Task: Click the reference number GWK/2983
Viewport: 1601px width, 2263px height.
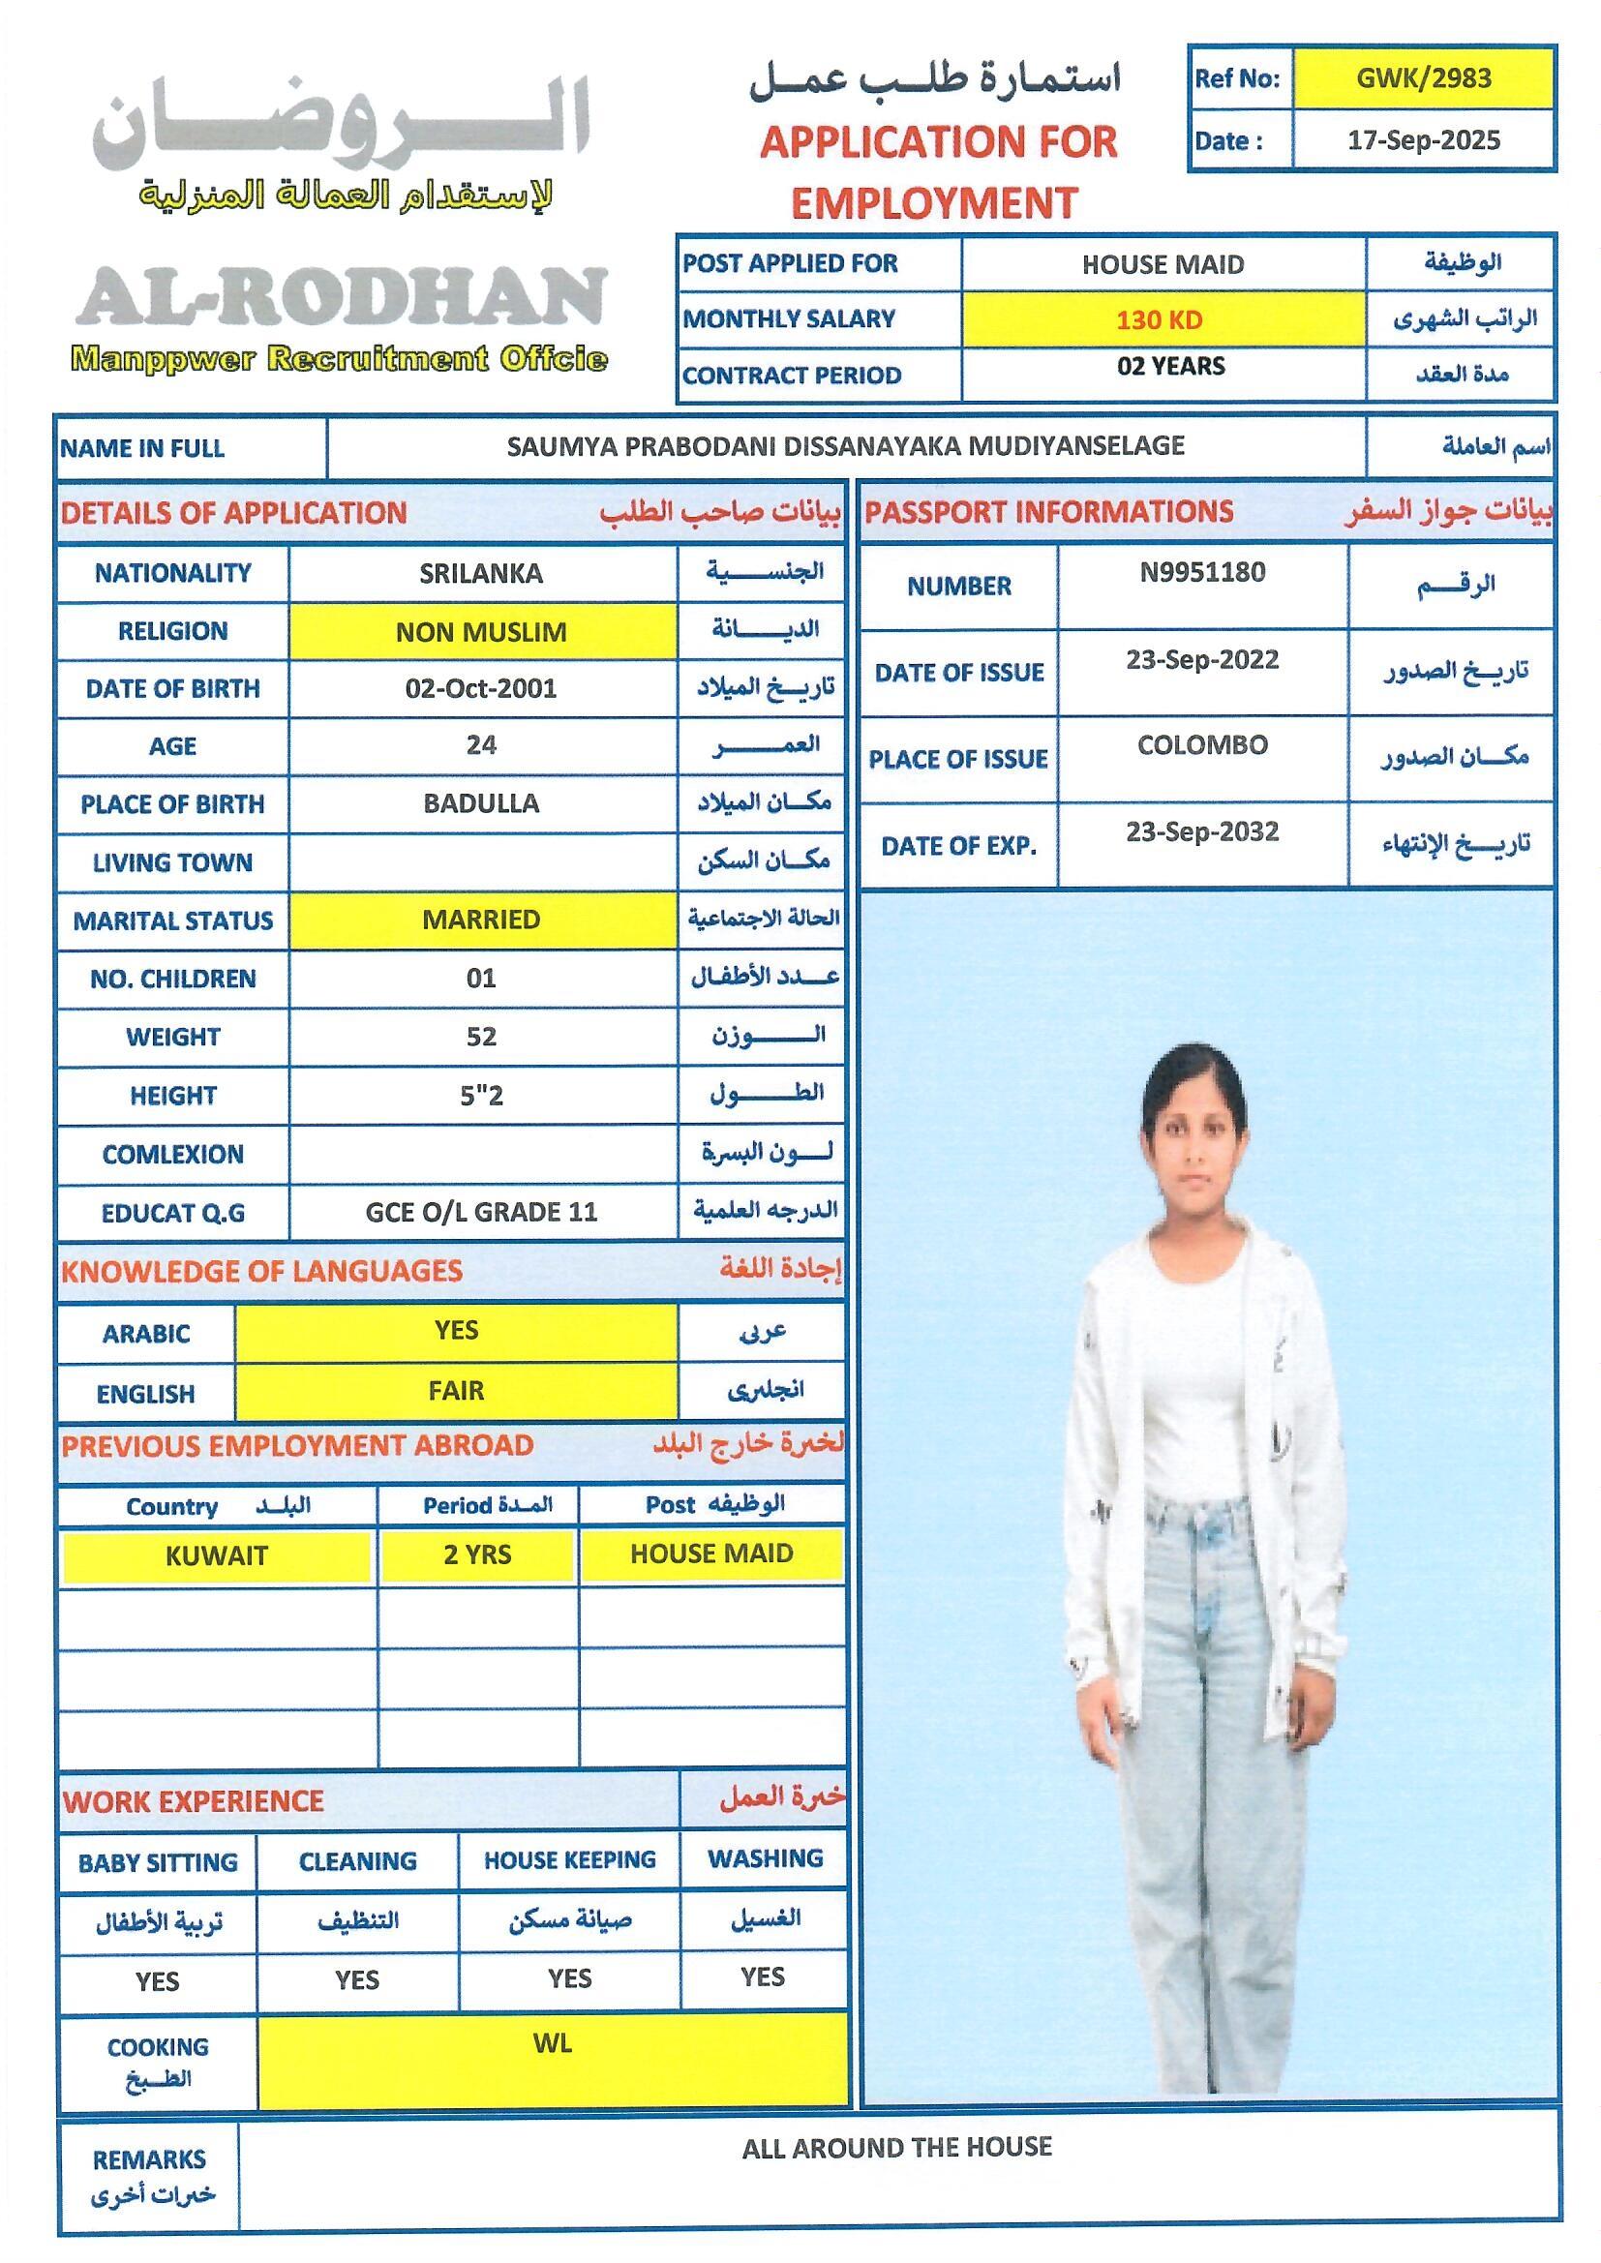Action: coord(1423,78)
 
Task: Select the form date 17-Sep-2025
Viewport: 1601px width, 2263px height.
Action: coord(1423,140)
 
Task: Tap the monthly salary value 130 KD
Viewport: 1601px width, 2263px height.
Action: coord(1159,319)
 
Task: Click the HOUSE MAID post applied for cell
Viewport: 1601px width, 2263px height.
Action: coord(1163,264)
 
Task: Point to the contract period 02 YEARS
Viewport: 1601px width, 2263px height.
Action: coord(1170,367)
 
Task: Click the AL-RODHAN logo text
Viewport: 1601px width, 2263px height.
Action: coord(340,295)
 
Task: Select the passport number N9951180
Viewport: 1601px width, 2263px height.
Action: coord(1202,573)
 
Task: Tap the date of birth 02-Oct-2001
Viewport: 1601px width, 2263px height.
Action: coord(480,688)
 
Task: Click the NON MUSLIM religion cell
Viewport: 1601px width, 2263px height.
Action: coord(481,632)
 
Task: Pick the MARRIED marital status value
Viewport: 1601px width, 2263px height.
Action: coord(481,920)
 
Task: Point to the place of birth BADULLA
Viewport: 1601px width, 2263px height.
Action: coord(481,803)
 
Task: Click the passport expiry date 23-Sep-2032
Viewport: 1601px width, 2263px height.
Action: coord(1202,831)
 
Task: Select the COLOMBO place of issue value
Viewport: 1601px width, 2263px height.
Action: coord(1202,745)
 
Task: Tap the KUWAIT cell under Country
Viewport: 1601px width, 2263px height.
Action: coord(216,1556)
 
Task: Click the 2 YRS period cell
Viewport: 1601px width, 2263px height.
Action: coord(477,1555)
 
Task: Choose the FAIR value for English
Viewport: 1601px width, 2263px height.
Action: coord(456,1391)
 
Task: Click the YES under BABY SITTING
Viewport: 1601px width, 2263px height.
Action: coord(157,1981)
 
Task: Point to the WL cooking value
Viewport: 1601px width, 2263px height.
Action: coord(552,2044)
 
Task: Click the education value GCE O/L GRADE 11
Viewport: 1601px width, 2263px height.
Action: coord(481,1211)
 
